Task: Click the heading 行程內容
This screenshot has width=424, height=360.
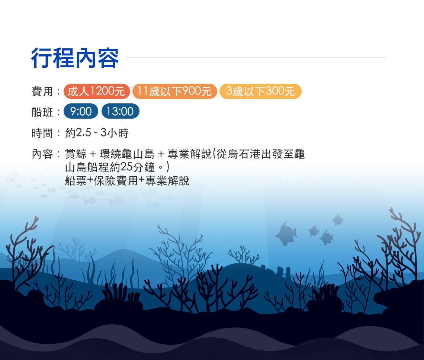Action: pos(75,58)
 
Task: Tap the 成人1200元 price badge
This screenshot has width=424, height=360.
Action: pos(97,91)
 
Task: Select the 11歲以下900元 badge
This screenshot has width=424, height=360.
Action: pos(175,91)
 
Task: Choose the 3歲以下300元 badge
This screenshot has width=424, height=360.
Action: pos(260,91)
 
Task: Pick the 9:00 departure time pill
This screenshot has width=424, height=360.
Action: pos(81,111)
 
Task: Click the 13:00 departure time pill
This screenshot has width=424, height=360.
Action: pos(121,111)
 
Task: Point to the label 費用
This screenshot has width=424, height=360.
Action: pos(42,91)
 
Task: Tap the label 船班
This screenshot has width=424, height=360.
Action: pos(42,112)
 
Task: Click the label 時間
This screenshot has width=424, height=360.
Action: pos(42,133)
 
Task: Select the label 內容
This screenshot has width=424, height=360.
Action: pos(42,154)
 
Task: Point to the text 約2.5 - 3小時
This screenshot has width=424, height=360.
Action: pos(97,133)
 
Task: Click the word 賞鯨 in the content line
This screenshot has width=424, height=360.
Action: pos(76,154)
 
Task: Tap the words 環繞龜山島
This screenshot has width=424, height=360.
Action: pos(127,154)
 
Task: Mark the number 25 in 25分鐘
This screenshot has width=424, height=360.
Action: pos(126,167)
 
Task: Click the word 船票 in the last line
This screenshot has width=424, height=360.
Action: pos(76,181)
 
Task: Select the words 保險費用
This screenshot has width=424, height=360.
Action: pos(116,181)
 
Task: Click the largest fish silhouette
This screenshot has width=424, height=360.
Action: pos(286,234)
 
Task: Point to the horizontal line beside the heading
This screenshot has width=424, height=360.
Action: pos(256,58)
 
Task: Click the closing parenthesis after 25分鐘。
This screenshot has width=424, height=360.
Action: pos(168,167)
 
